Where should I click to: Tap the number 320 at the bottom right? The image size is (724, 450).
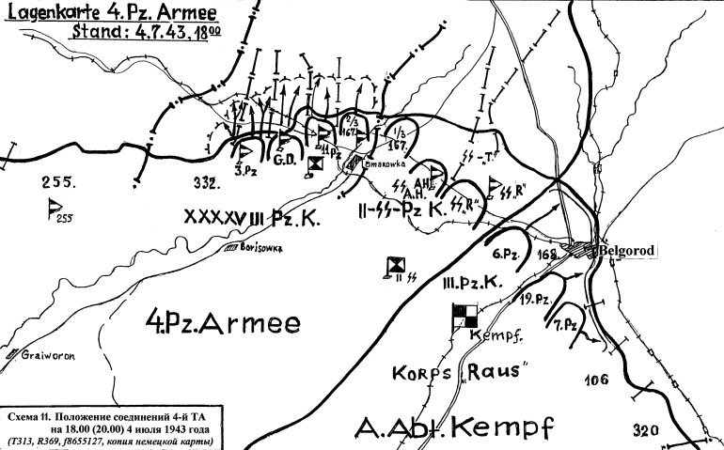tap(646, 430)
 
